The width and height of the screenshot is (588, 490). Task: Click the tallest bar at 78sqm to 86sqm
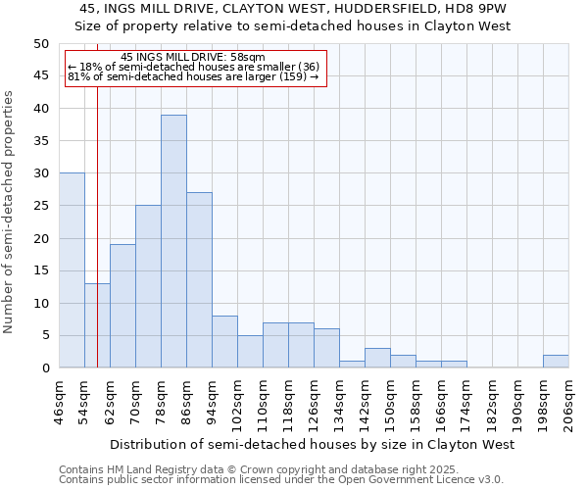pos(173,241)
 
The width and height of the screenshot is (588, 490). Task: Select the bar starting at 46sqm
pos(72,270)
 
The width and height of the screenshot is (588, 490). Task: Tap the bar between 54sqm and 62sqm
pos(97,325)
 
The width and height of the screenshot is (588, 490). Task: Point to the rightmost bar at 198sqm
pos(556,362)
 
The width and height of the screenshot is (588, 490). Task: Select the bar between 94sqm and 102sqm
pos(224,342)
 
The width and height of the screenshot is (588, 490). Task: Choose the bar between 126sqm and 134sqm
pos(326,348)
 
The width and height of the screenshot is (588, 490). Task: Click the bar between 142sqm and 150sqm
pos(377,358)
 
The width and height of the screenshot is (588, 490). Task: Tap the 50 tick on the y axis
pos(41,44)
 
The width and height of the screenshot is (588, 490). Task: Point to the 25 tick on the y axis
pos(41,206)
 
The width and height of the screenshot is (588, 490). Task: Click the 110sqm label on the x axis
pos(263,399)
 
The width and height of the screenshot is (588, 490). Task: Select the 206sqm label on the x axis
pos(568,399)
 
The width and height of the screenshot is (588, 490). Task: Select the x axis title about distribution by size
pos(313,444)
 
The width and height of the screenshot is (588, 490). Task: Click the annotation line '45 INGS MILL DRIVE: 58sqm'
pos(195,58)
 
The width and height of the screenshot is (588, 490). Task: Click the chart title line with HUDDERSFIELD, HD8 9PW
pos(293,9)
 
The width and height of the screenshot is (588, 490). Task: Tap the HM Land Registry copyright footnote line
pos(258,469)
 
